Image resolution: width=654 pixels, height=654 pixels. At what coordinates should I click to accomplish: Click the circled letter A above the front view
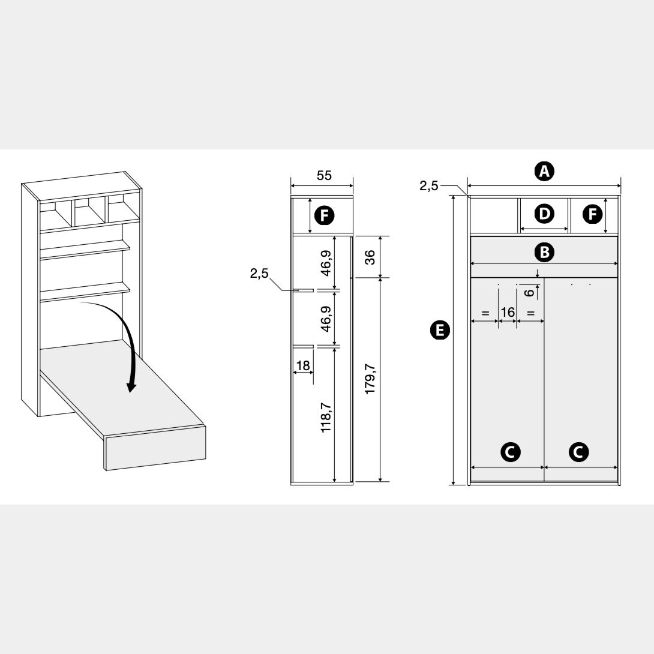pos(544,171)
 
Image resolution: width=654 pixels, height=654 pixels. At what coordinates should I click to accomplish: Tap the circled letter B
pos(544,252)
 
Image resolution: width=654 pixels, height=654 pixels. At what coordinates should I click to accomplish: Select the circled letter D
pos(544,214)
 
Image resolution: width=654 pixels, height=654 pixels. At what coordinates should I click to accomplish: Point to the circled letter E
pos(440,331)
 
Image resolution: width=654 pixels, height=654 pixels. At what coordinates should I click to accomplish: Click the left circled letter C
pos(510,452)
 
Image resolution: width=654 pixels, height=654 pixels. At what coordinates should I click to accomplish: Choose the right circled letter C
pos(578,452)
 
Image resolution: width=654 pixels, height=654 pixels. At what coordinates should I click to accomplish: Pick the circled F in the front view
pos(592,214)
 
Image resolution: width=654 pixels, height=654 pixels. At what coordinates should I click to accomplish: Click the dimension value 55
pos(324,176)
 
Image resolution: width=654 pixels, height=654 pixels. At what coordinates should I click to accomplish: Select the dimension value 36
pos(370,257)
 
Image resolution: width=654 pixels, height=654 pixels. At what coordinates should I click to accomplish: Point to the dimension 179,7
pos(370,380)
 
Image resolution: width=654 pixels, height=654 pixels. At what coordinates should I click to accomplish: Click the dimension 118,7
pos(326,418)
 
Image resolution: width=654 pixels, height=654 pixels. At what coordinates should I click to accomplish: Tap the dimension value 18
pos(303,365)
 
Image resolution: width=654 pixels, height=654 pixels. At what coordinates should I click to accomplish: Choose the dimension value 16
pos(508,312)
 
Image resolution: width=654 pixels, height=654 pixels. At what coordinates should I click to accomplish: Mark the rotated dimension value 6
pos(529,292)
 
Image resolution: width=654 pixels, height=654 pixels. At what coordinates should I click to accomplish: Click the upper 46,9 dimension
pos(326,263)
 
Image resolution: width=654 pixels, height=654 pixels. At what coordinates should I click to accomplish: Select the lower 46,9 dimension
pos(326,319)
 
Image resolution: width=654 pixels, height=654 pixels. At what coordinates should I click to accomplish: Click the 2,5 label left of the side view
pos(259,274)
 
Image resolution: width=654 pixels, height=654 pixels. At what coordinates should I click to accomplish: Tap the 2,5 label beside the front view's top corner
pos(429,186)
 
